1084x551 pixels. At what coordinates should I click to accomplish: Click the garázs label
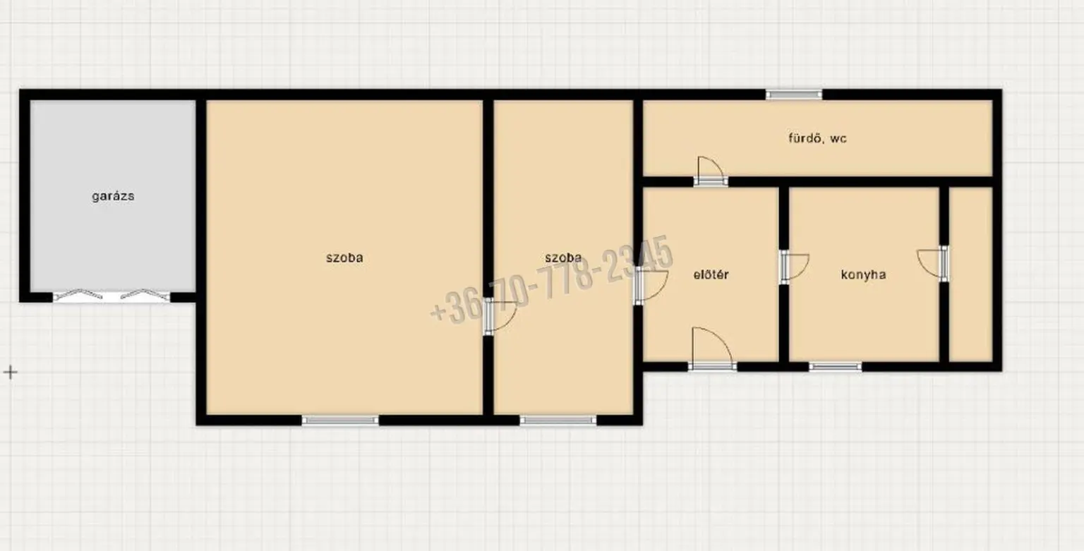point(113,196)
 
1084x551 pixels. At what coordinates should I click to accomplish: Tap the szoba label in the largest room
point(344,258)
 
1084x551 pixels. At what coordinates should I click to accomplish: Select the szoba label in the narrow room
point(563,258)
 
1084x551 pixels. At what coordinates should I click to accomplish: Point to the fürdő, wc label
point(817,138)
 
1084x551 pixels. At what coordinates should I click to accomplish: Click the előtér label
point(711,274)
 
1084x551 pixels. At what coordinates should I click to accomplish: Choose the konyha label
point(863,274)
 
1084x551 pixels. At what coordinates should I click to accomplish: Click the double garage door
point(112,296)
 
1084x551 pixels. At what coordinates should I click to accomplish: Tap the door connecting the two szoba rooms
point(500,316)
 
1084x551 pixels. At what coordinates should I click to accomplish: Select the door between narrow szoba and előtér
point(651,286)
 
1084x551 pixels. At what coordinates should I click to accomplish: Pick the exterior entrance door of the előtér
point(712,349)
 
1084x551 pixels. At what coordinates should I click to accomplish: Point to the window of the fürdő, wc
point(794,95)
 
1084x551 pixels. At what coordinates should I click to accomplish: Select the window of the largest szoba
point(340,420)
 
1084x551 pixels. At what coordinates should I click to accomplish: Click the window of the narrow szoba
point(558,420)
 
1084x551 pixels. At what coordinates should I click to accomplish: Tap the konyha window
point(836,367)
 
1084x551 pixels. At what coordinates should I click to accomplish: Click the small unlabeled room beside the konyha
point(971,274)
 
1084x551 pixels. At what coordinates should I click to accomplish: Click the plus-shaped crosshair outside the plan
point(10,372)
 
